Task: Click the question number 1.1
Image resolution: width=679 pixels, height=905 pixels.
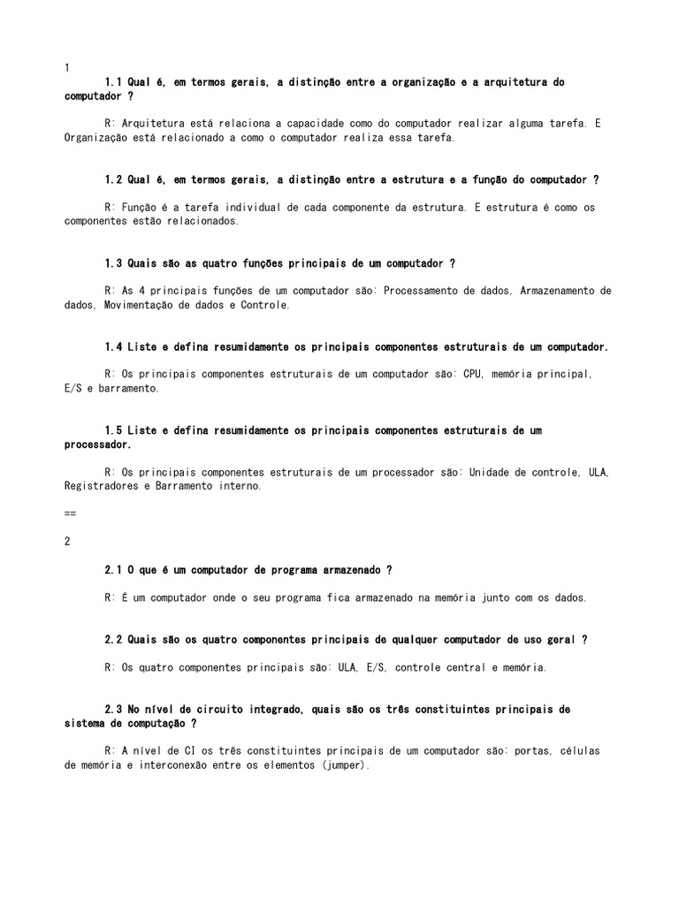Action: (112, 82)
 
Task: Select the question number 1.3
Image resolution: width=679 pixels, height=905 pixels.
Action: (112, 263)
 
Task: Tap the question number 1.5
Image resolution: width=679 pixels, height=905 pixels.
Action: (112, 430)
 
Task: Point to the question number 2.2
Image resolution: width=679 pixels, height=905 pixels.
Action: (112, 640)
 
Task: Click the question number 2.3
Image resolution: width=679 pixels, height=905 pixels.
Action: (112, 710)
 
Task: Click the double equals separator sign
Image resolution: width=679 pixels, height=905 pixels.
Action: (71, 513)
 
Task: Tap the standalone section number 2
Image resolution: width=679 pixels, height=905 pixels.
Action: (68, 542)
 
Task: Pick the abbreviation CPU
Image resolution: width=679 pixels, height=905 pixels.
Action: (474, 374)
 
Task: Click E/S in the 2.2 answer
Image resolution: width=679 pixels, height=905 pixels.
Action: (375, 667)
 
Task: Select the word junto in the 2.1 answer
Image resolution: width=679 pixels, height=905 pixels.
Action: (499, 597)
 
